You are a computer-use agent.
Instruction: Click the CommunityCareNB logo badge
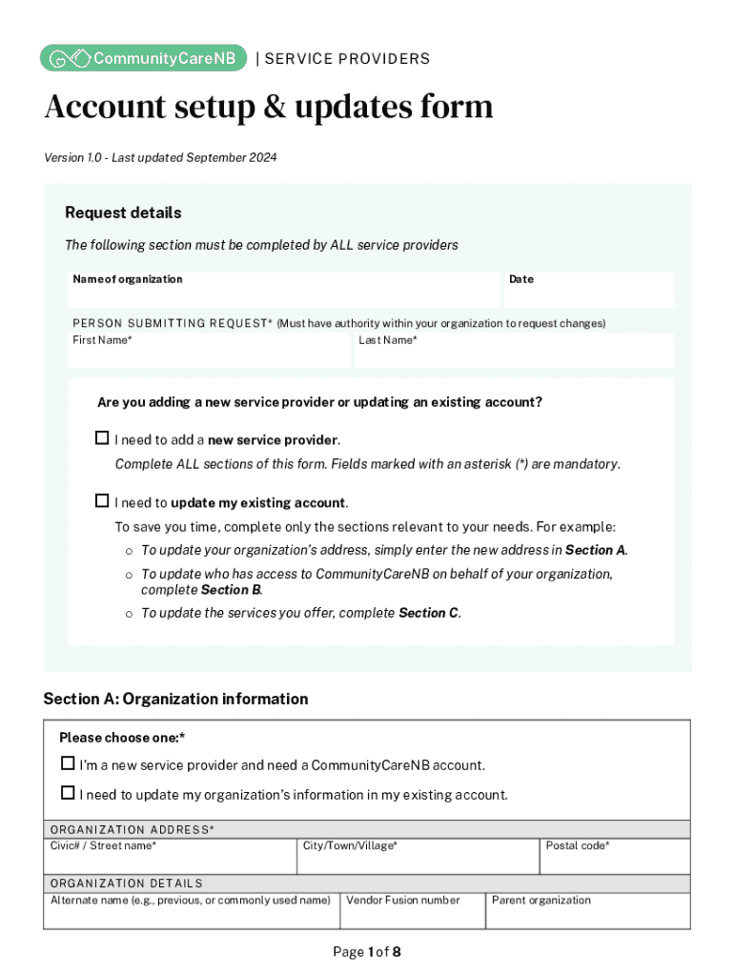pos(144,58)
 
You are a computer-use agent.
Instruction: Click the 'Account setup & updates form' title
pos(269,107)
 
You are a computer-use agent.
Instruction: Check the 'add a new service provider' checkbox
pos(102,438)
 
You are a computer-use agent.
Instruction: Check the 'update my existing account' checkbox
pos(102,501)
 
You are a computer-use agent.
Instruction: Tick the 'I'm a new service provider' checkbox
pos(68,763)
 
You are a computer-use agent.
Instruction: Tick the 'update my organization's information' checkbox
pos(68,793)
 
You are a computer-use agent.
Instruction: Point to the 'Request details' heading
pos(123,213)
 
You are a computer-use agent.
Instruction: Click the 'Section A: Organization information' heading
pos(175,699)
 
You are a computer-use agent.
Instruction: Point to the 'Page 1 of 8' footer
pos(367,951)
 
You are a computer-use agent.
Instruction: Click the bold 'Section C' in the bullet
pos(428,613)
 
